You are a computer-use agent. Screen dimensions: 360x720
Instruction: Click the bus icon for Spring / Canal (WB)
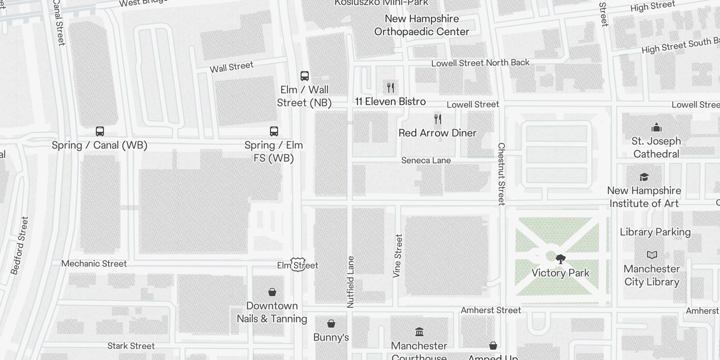point(100,131)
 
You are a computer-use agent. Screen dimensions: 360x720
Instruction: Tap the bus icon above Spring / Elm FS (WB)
point(274,131)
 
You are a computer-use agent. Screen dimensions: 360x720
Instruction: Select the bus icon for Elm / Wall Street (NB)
point(305,76)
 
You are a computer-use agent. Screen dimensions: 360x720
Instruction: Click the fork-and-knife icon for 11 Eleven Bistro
point(391,87)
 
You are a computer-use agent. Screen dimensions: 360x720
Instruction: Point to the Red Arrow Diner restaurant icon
point(438,119)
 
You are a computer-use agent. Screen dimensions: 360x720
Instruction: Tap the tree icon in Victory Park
point(560,259)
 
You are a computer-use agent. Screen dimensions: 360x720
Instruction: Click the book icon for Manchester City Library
point(652,255)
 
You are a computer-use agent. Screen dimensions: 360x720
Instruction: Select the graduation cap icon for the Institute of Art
point(644,177)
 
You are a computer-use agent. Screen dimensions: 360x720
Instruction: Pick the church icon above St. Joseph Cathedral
point(657,127)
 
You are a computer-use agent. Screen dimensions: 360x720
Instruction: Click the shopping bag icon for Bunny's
point(331,324)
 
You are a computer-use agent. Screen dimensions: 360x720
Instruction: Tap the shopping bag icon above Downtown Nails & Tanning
point(272,292)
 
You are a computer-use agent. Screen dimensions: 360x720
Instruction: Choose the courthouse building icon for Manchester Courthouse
point(419,332)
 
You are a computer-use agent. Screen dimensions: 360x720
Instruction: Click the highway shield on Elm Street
point(298,265)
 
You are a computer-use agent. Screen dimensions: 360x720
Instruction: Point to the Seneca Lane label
point(426,160)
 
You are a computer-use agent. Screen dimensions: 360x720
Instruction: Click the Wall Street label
point(232,67)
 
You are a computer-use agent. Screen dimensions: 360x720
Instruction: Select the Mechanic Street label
point(94,264)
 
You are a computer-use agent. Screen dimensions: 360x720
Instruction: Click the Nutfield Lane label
point(351,282)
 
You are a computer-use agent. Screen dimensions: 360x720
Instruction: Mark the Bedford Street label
point(20,245)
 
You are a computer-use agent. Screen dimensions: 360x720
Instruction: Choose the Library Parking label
point(655,232)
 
